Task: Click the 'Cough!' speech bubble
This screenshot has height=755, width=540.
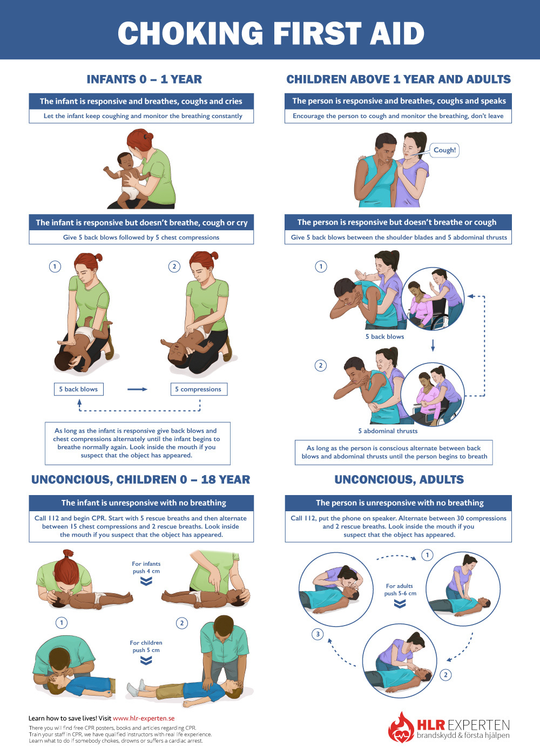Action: click(444, 150)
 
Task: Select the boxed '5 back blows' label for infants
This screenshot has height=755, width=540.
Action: click(78, 389)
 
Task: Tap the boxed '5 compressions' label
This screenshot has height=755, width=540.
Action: click(198, 389)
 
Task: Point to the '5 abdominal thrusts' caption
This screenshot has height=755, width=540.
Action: click(388, 431)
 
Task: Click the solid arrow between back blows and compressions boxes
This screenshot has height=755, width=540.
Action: click(137, 389)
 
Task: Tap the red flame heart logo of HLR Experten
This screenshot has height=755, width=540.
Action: click(401, 728)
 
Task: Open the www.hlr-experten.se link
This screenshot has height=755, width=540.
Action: click(144, 718)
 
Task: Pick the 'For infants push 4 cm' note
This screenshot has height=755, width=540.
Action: click(146, 568)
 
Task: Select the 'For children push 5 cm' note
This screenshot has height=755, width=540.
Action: click(146, 647)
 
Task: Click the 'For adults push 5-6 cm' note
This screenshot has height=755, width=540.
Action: click(400, 590)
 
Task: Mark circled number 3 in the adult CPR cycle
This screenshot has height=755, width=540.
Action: click(318, 634)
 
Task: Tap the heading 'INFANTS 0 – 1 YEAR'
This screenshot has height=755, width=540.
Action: click(144, 79)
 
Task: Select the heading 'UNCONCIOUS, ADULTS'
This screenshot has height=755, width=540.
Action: click(399, 479)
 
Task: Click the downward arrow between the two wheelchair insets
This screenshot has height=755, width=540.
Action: click(433, 345)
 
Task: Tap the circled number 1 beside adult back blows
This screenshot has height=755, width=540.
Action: click(321, 266)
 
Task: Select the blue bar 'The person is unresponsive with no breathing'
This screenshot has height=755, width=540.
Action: click(399, 503)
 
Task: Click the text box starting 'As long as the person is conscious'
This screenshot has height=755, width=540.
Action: click(394, 452)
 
